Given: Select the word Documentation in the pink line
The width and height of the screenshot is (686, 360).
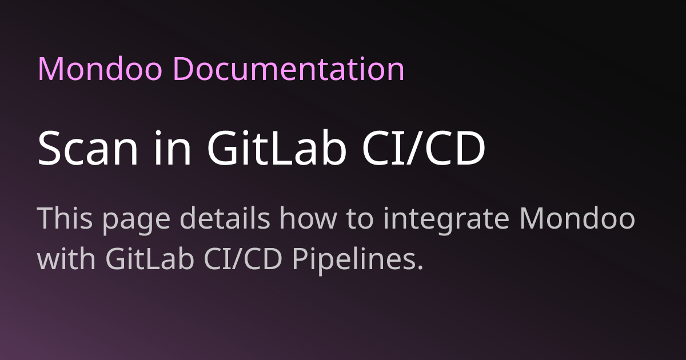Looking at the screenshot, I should [x=288, y=70].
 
